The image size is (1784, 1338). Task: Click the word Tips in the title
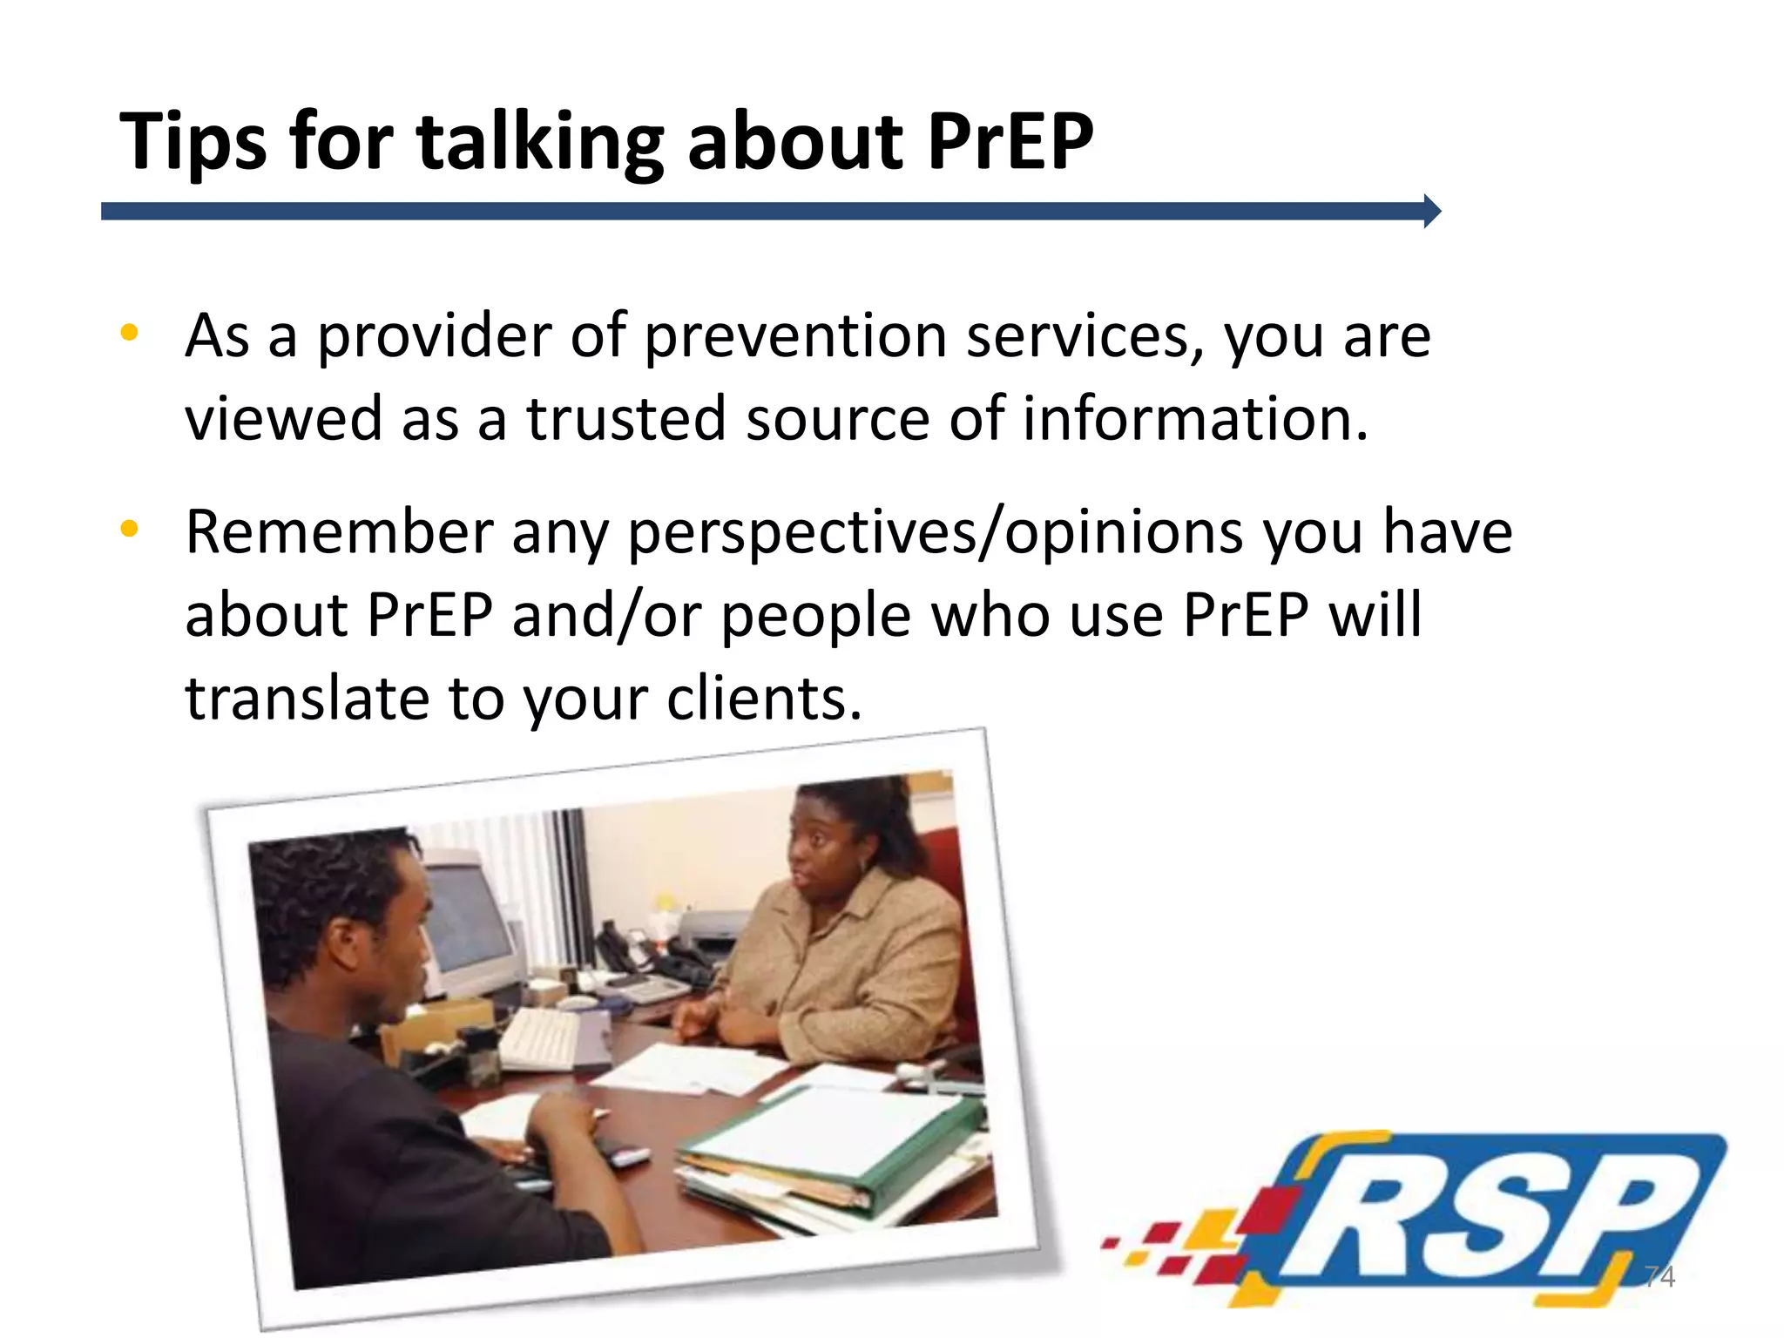pyautogui.click(x=193, y=142)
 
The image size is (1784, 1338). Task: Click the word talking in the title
pyautogui.click(x=540, y=142)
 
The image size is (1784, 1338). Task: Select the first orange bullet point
pyautogui.click(x=130, y=332)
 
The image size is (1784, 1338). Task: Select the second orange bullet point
pyautogui.click(x=130, y=528)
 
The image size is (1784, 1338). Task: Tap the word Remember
pyautogui.click(x=339, y=531)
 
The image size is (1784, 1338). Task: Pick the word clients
pyautogui.click(x=763, y=699)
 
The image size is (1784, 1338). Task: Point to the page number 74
pyautogui.click(x=1659, y=1277)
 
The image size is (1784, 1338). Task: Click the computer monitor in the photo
pyautogui.click(x=470, y=923)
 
